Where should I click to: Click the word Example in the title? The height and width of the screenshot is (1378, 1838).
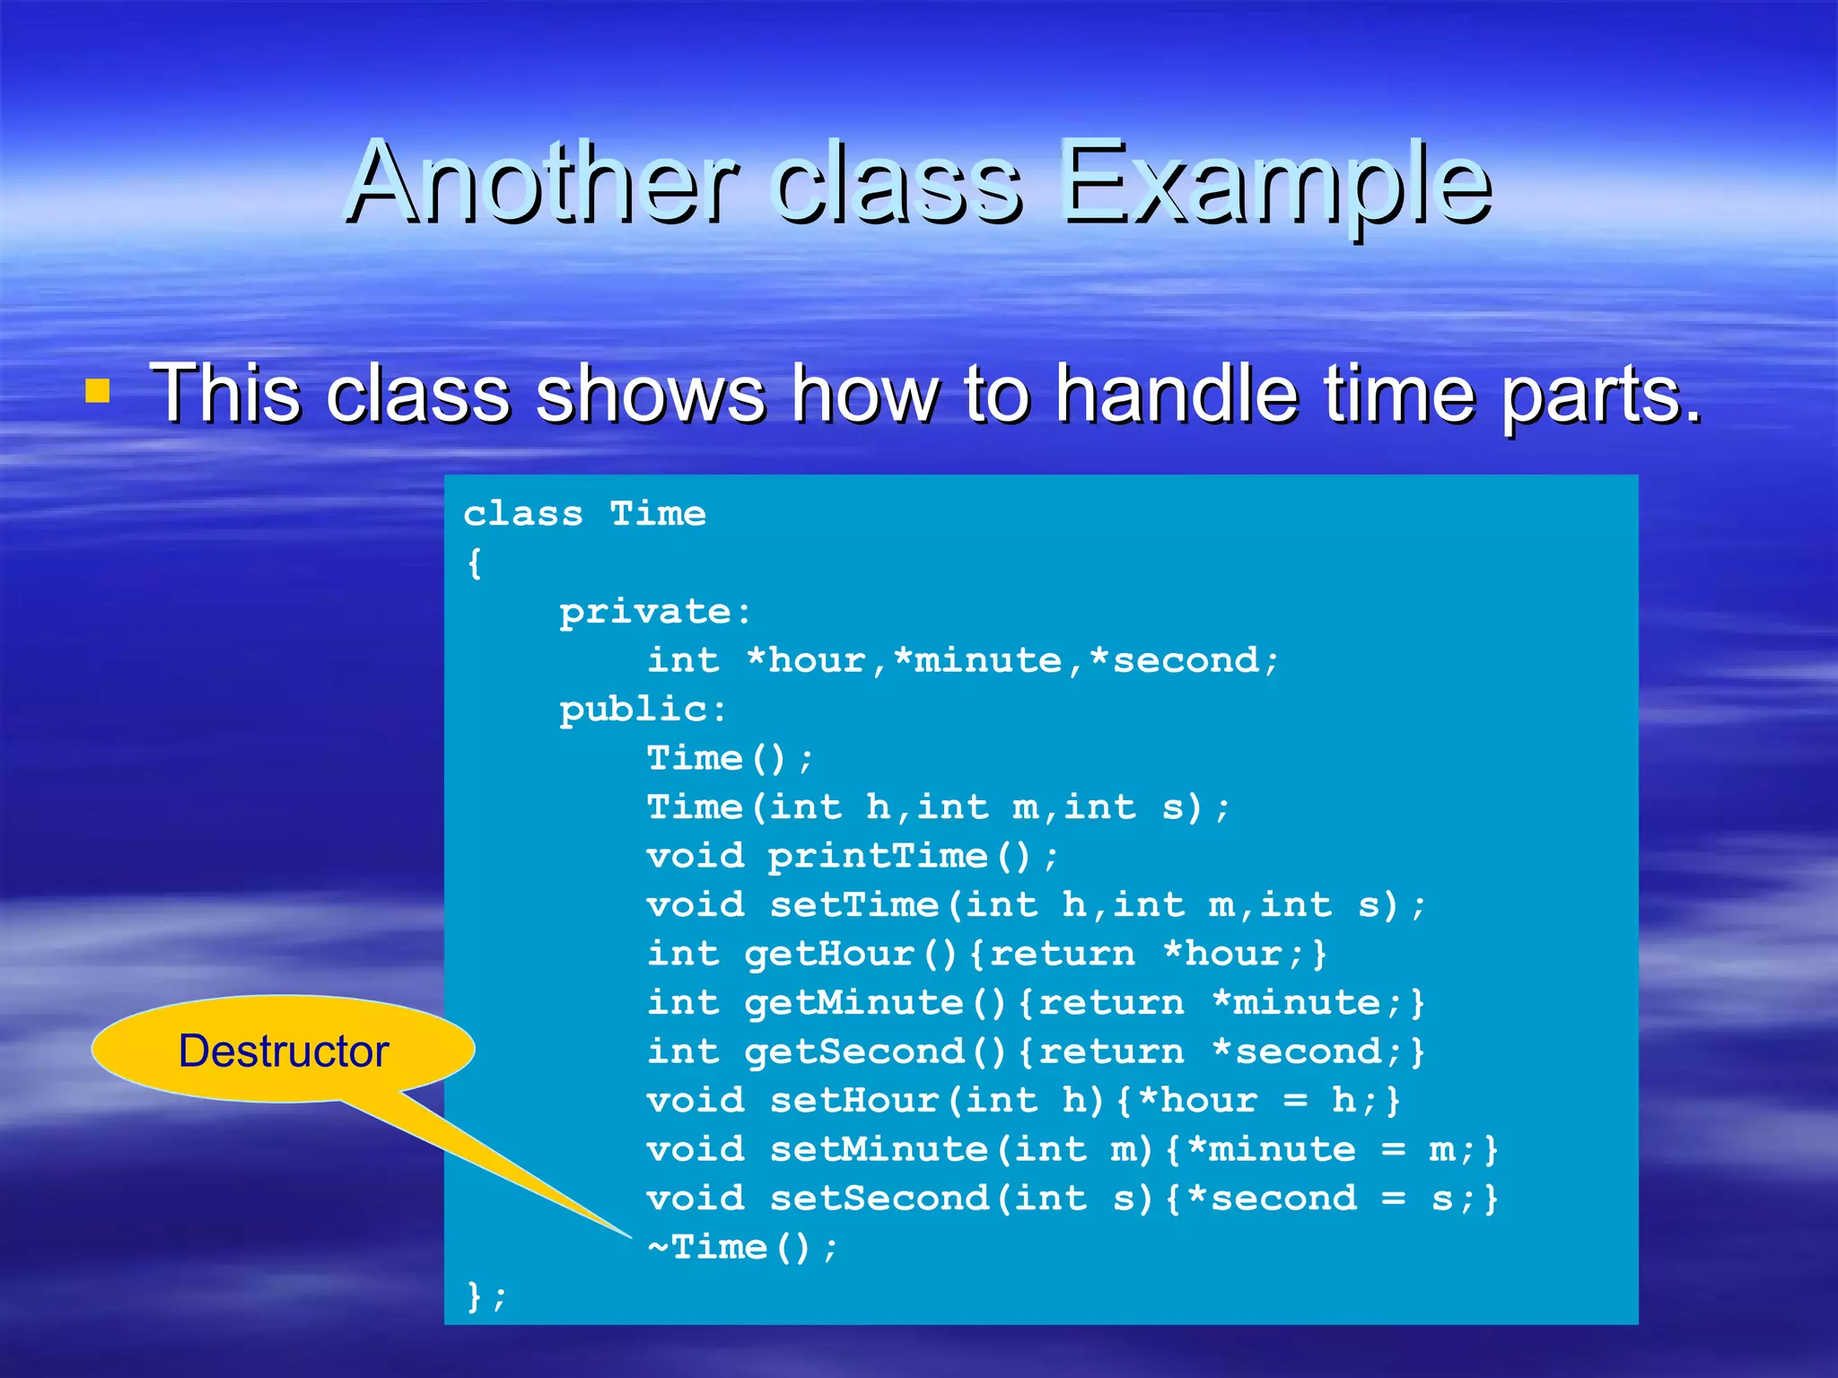pos(1274,184)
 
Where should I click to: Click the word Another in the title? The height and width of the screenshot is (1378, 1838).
pos(543,184)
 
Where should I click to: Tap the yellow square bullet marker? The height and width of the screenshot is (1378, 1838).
pos(97,391)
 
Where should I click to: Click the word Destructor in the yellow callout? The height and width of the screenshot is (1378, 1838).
pos(283,1051)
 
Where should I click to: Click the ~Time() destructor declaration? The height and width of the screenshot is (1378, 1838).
pos(741,1247)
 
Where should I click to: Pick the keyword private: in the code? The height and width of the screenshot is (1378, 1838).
pos(655,612)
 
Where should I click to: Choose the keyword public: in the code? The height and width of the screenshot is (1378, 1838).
pos(643,710)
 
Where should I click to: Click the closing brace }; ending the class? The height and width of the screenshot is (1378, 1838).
pos(486,1296)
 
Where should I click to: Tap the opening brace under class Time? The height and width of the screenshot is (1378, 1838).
pos(475,563)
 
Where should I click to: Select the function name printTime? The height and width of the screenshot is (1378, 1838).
pos(877,856)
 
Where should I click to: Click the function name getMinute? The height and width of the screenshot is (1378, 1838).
pos(853,1002)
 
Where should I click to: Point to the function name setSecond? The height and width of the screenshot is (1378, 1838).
pos(879,1199)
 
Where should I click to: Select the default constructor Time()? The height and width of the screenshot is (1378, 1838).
pos(729,759)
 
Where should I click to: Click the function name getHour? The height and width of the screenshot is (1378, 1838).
pos(828,954)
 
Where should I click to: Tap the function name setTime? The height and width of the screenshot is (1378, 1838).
pos(853,904)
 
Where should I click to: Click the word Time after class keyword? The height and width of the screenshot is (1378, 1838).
pos(658,514)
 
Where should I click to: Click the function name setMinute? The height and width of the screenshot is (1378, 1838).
pos(879,1149)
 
